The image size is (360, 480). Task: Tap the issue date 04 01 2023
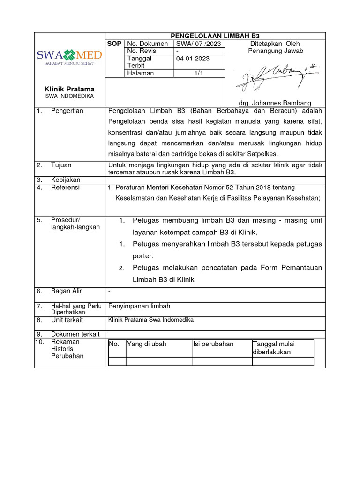coord(193,59)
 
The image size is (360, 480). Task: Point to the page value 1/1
coord(199,73)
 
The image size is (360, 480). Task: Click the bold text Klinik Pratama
coord(69,89)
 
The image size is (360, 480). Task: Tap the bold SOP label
coord(114,44)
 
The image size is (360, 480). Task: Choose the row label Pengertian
coord(67,111)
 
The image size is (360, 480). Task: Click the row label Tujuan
coord(61,165)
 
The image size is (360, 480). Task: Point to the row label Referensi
coord(65,187)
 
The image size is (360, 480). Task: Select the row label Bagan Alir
coord(66,291)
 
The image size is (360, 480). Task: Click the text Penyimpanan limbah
coord(139,306)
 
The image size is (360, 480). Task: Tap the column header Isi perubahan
coord(213,344)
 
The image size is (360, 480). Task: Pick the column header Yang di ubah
coord(147,344)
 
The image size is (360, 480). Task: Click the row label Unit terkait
coord(67,320)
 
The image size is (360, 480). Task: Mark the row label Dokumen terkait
coord(75,334)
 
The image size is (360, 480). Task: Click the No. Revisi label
coord(142,51)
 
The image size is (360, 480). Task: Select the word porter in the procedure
coord(143,256)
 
